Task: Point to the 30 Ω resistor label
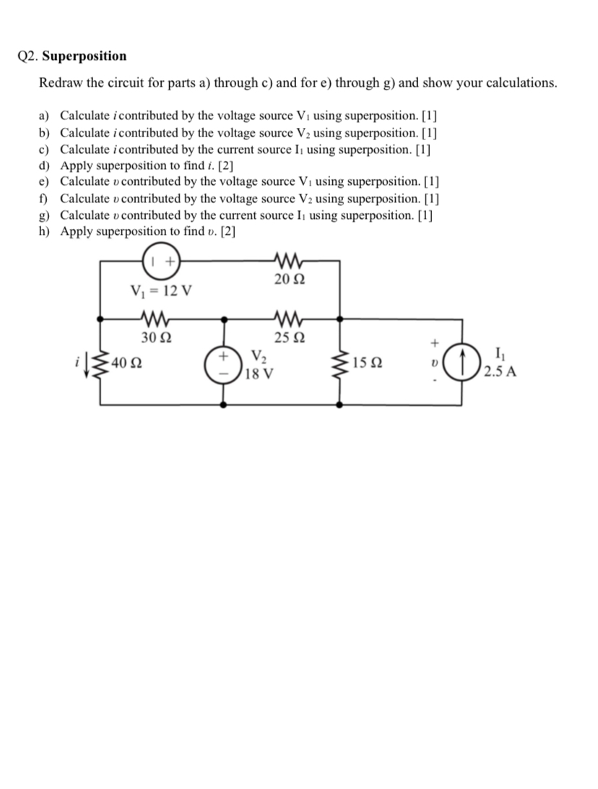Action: tap(155, 337)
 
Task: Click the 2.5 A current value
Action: tap(500, 373)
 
